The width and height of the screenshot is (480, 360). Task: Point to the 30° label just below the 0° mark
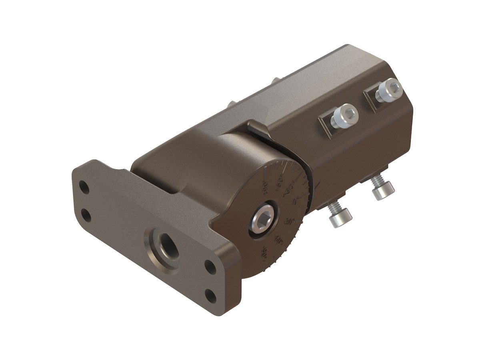(x=291, y=221)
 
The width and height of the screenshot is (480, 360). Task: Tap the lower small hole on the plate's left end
(x=86, y=216)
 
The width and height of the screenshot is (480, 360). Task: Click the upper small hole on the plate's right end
(x=209, y=265)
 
